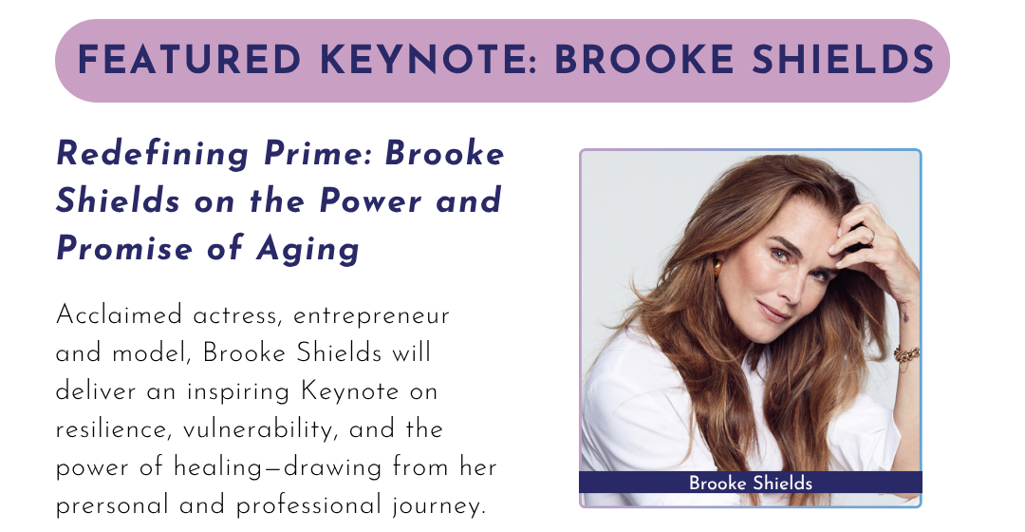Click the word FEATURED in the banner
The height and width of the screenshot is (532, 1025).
(189, 60)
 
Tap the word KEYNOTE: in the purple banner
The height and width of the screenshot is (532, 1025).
(429, 60)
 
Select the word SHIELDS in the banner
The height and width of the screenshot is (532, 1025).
(843, 60)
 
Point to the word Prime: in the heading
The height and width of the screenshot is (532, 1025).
(317, 155)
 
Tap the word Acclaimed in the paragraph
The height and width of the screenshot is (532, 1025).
(119, 315)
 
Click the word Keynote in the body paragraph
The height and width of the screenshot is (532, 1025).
(349, 392)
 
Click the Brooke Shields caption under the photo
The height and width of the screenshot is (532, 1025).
(751, 483)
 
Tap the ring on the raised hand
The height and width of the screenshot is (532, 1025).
(870, 235)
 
